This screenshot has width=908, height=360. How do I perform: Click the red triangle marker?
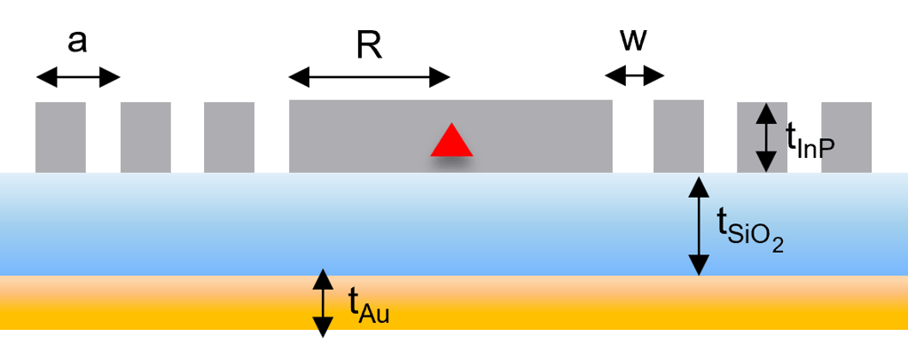click(x=451, y=141)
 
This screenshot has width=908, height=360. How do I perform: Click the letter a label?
click(x=78, y=41)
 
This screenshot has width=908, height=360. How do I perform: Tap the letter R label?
click(x=369, y=45)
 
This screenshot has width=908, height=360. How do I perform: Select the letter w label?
click(x=634, y=41)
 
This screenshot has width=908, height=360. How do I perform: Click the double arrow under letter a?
click(x=78, y=78)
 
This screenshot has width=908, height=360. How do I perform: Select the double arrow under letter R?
click(x=369, y=78)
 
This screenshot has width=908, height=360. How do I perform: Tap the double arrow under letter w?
click(x=634, y=77)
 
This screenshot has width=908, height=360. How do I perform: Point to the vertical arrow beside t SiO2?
click(x=699, y=226)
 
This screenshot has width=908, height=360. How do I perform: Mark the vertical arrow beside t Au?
click(x=323, y=303)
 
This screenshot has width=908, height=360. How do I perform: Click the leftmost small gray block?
click(x=60, y=137)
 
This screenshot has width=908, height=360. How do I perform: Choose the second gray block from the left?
click(x=145, y=137)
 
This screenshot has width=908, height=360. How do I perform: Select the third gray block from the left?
click(x=229, y=137)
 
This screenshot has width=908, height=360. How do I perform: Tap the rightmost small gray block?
click(x=846, y=137)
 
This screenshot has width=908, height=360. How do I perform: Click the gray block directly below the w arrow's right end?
click(x=678, y=136)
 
